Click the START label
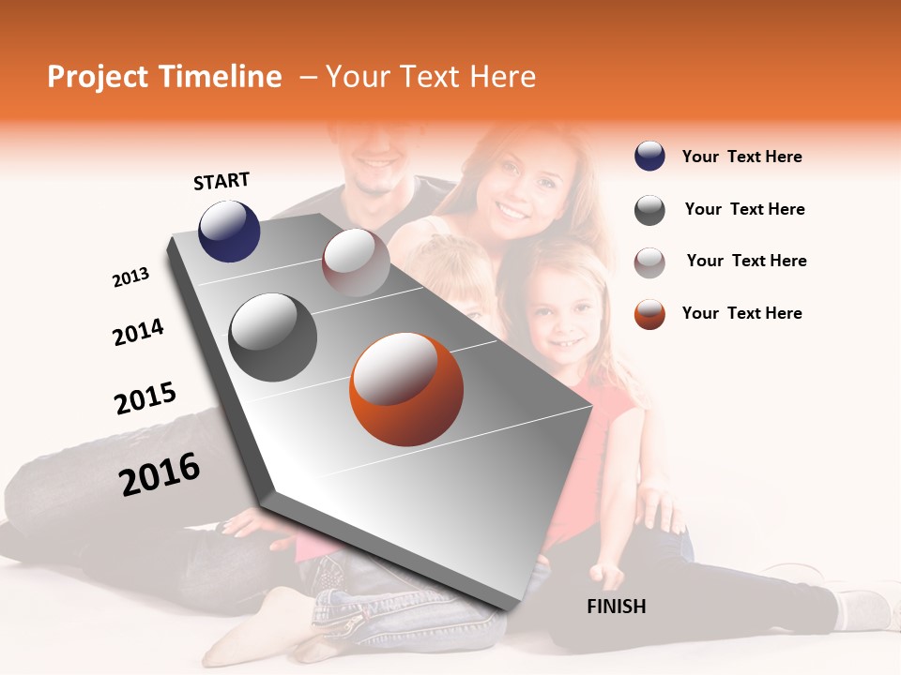221,181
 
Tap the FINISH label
616,607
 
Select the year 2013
130,277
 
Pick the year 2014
138,332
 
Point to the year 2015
145,397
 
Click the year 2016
160,473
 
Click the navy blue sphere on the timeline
229,232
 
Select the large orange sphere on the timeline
406,389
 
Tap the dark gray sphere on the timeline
273,337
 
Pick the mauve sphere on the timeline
356,262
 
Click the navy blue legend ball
649,157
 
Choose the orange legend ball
649,314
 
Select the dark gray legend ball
649,210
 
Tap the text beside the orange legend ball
741,313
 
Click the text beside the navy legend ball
741,157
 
